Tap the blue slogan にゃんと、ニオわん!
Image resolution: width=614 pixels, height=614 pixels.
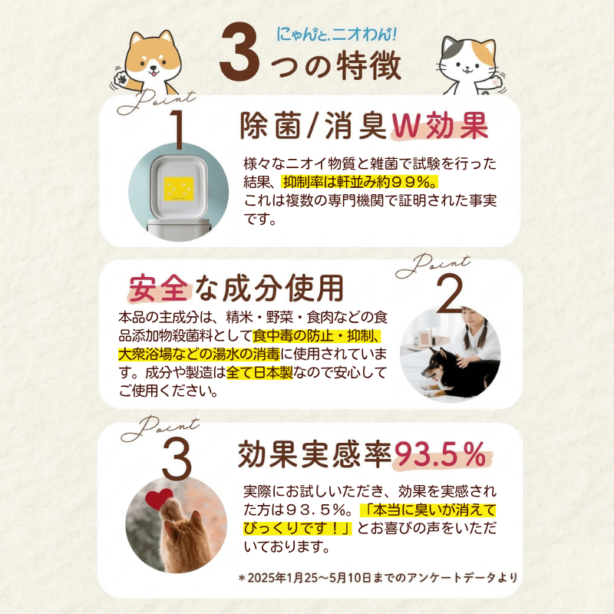(338, 34)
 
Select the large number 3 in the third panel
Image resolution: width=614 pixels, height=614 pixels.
(177, 459)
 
